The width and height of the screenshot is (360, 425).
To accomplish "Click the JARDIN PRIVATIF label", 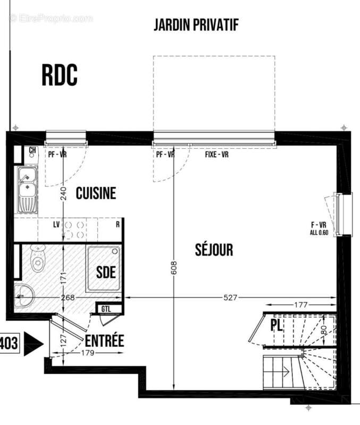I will point(196,24).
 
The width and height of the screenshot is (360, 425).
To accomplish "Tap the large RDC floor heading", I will point(60,75).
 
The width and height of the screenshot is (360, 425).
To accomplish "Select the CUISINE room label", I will point(96,193).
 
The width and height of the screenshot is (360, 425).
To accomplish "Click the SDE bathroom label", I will point(106,273).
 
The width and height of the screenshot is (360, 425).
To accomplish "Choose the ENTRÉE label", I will point(104,341).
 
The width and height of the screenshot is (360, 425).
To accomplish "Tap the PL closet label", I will point(277,325).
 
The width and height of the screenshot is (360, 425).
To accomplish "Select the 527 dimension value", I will point(229,298).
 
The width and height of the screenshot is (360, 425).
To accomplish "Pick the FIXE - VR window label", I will point(217,155).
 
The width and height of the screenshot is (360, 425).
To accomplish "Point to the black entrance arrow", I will point(34,344).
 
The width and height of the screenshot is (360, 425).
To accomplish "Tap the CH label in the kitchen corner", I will point(32,150).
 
